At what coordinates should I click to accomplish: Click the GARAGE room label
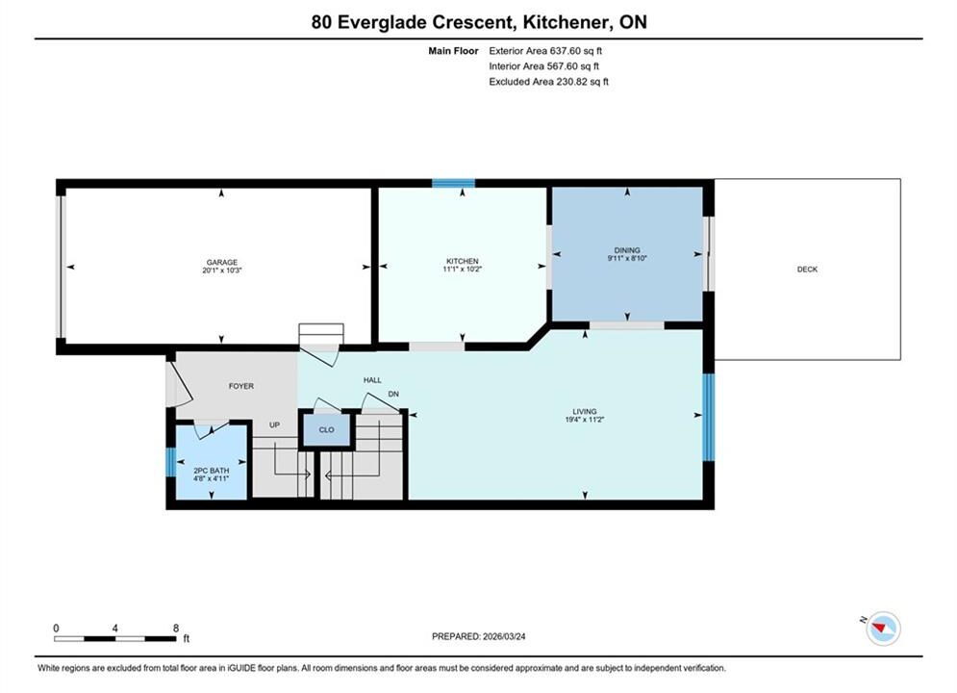coord(221,263)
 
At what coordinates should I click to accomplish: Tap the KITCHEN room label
coord(462,262)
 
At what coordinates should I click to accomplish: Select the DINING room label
coord(627,250)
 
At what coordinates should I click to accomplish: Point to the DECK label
coord(807,269)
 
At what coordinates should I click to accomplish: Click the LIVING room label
coord(584,412)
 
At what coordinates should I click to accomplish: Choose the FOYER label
coord(241,386)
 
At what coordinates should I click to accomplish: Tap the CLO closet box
coord(326,430)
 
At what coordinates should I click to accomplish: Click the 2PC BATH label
coord(212,471)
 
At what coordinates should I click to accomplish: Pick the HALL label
coord(372,380)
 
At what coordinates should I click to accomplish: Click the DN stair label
coord(393,394)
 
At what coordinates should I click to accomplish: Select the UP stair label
coord(275,425)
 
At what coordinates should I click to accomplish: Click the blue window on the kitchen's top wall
coord(453,183)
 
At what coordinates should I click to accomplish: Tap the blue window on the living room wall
coord(709,417)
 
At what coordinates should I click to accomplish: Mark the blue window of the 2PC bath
coord(171,462)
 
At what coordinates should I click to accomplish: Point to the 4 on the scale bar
coord(114,628)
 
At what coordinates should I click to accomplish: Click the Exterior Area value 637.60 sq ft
coord(575,51)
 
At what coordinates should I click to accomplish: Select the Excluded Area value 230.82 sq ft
coord(582,82)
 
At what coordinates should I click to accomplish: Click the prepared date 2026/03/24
coord(504,636)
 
